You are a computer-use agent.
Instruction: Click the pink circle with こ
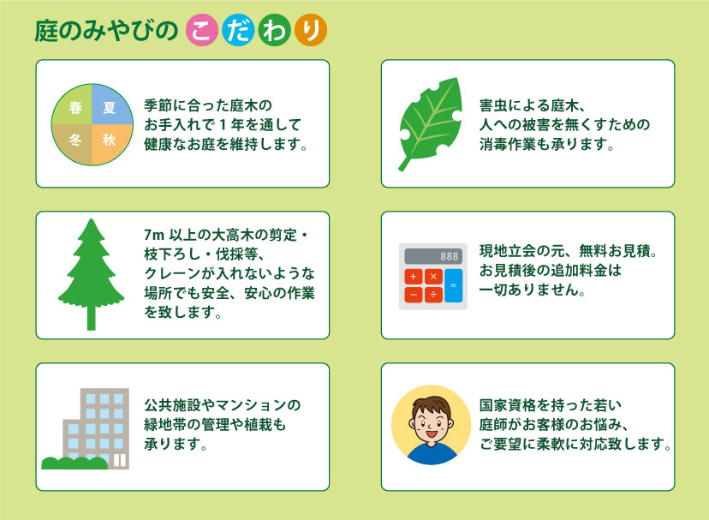point(202,30)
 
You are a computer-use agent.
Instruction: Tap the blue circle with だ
point(238,30)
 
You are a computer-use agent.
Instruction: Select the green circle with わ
point(275,30)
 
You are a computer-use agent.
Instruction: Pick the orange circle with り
point(311,30)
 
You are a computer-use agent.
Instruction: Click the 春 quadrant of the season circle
point(74,107)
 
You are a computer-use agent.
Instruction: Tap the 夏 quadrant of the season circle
point(110,107)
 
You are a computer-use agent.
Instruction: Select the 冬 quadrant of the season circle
point(74,141)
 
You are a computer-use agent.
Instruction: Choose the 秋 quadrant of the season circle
point(110,141)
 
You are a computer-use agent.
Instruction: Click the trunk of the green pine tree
point(92,316)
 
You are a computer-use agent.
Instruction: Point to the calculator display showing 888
point(433,256)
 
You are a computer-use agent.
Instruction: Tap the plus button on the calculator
point(414,277)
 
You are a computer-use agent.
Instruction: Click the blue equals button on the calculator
point(454,285)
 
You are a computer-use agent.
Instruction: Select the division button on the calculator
point(433,295)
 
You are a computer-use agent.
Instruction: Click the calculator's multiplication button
point(433,277)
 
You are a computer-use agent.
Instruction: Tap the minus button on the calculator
point(414,295)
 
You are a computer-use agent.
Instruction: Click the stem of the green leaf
point(404,164)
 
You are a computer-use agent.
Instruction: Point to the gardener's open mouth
point(431,434)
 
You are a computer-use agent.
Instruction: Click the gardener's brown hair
point(432,404)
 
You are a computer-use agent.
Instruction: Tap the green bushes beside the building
point(74,463)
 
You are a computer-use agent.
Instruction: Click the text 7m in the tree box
point(154,235)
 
